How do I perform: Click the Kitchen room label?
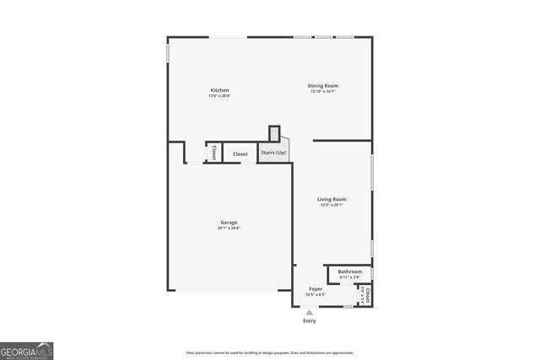point(219,90)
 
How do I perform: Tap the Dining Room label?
point(322,85)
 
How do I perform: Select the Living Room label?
point(332,199)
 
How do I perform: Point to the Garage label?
point(229,223)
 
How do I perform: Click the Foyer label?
point(316,289)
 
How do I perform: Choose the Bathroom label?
point(349,271)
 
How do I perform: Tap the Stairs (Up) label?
point(273,153)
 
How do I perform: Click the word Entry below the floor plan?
point(310,321)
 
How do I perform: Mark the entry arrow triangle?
point(310,312)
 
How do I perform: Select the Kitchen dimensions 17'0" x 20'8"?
point(219,96)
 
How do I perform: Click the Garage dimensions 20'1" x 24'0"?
point(229,228)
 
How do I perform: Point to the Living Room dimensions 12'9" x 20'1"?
point(332,205)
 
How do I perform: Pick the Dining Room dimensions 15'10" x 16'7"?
point(322,91)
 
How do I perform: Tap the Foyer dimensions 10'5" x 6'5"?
point(316,294)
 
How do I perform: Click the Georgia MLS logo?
point(27,349)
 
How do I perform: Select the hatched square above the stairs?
point(274,134)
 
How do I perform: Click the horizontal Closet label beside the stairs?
point(240,153)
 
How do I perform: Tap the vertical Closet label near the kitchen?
point(214,153)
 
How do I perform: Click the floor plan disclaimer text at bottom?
point(270,352)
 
